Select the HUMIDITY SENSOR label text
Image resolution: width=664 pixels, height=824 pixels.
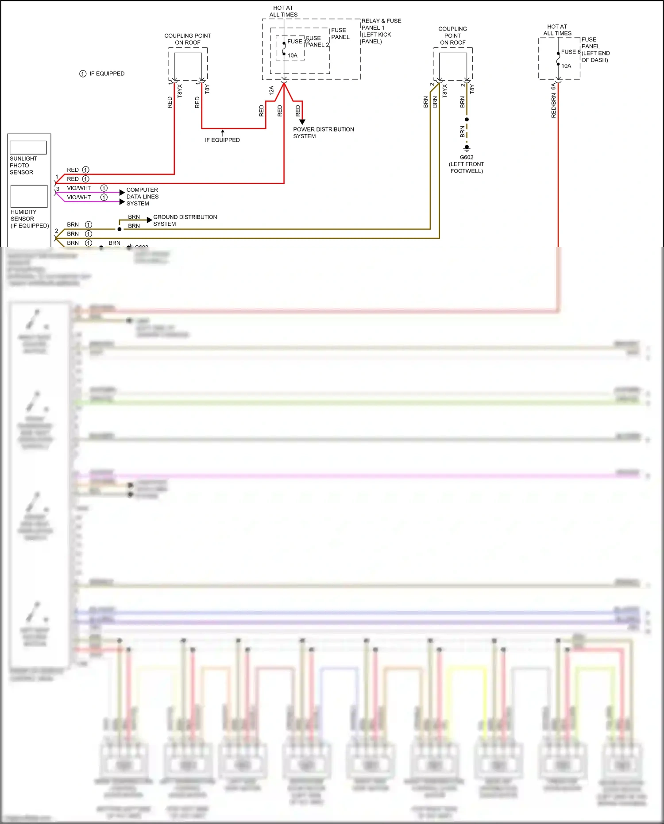(23, 215)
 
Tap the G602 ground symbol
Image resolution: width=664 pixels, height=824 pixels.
(467, 148)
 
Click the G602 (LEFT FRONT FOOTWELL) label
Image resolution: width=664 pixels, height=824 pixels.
(467, 164)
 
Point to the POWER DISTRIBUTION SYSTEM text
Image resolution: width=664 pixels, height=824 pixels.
(323, 133)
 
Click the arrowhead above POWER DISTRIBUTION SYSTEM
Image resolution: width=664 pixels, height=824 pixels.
(302, 122)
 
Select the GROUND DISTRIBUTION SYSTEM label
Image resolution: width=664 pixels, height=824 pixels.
(185, 220)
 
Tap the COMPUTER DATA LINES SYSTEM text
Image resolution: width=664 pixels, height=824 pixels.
(142, 197)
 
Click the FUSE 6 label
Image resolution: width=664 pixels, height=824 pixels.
(570, 52)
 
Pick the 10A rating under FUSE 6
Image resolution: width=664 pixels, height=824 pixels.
(566, 66)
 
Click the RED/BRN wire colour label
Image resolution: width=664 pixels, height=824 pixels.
(553, 105)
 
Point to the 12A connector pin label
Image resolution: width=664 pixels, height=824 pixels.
(271, 90)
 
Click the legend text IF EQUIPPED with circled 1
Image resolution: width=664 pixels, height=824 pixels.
(107, 74)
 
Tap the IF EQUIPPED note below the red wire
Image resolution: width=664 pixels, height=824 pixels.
(222, 140)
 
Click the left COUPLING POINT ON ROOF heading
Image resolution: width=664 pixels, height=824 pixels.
(188, 39)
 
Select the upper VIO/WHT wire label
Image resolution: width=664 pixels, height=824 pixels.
(79, 188)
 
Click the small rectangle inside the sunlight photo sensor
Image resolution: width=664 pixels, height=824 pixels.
(28, 147)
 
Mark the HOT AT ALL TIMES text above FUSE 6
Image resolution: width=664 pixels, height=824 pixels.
(557, 30)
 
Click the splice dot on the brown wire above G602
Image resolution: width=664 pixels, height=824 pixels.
(467, 119)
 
